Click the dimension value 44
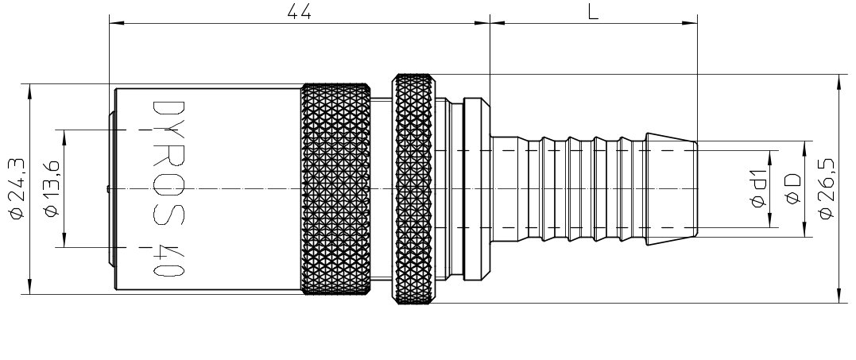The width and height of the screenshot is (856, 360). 299,11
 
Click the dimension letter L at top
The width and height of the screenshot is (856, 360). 594,11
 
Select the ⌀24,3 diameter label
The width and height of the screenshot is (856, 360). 17,188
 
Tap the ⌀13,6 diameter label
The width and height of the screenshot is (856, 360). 52,188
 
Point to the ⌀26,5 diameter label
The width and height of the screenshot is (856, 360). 827,188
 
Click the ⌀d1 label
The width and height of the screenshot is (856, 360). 758,189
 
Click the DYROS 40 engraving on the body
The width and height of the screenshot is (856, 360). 168,188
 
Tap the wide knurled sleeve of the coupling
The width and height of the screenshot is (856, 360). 335,188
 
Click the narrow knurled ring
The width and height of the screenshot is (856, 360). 414,188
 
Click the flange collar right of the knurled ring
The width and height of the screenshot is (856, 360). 477,188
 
